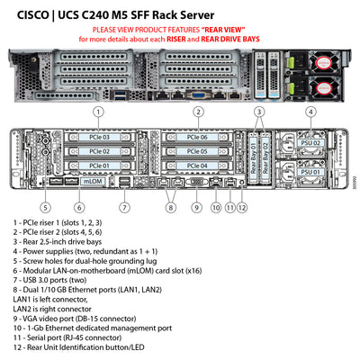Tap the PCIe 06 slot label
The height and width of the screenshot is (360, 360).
(198, 138)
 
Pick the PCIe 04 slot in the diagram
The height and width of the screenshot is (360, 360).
(198, 166)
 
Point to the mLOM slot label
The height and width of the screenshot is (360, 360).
(94, 180)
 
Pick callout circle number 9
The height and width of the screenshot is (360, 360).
(195, 207)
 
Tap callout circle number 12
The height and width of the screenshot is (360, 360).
(242, 207)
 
